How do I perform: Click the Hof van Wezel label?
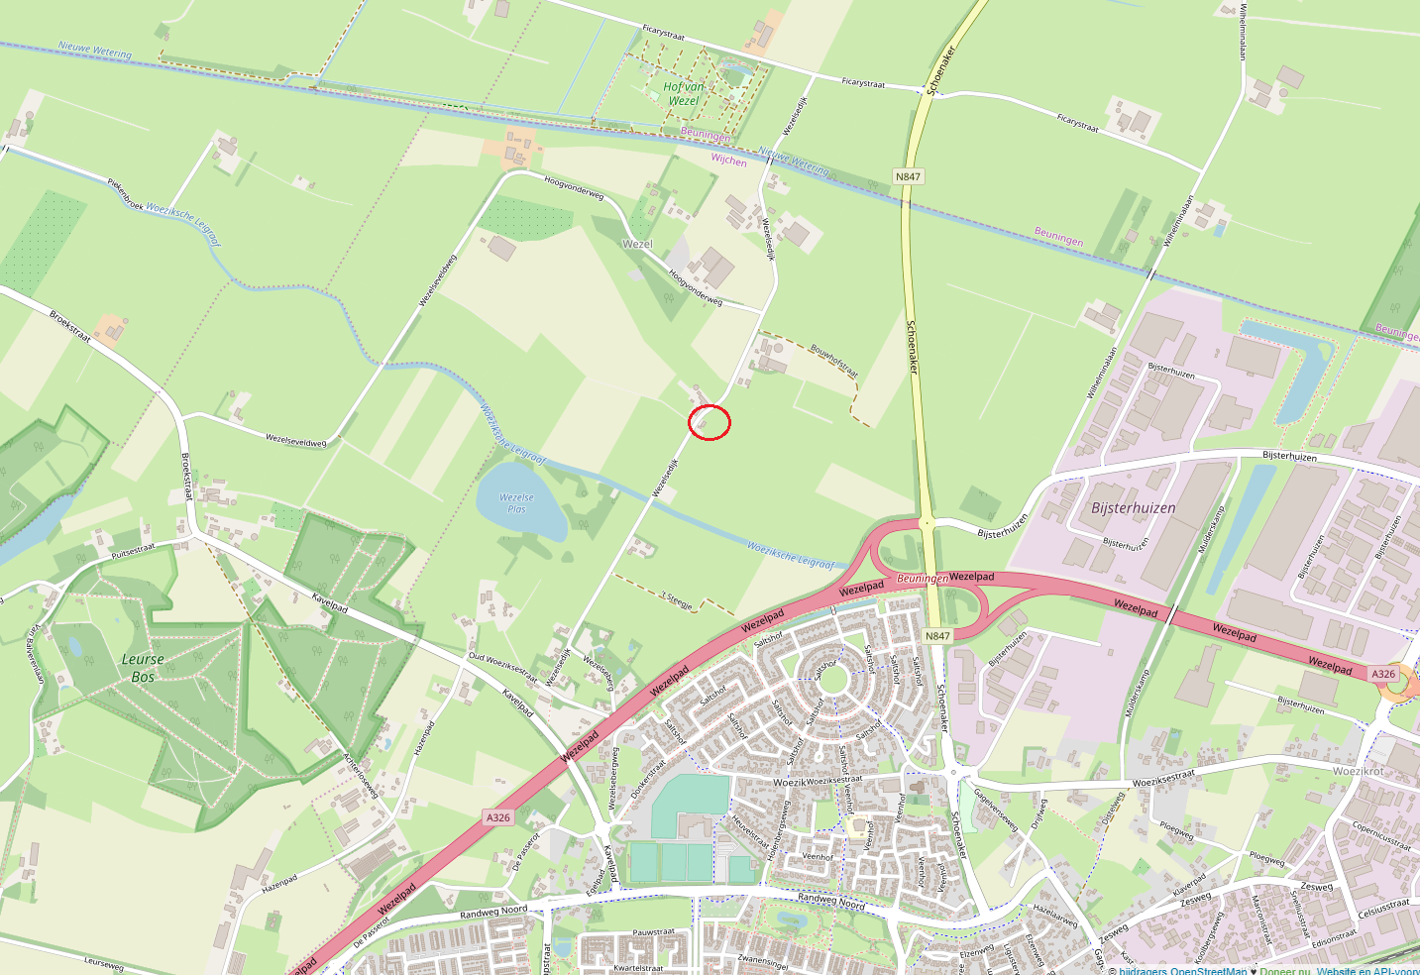pos(683,94)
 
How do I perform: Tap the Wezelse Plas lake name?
pos(516,503)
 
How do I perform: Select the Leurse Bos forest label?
pos(143,667)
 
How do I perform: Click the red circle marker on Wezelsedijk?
pos(710,422)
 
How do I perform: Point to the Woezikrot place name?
pos(1358,771)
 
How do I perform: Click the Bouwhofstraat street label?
pos(833,360)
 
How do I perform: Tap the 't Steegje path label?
pos(678,599)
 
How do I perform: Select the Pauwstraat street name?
pos(653,932)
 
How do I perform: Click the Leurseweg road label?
pos(104,962)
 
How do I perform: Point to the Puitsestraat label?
pos(133,551)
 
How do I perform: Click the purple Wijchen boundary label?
pos(728,160)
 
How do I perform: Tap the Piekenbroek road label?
pos(126,190)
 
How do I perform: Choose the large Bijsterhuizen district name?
pos(1133,507)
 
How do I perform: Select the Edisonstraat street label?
pos(1333,937)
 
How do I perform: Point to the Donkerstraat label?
pos(648,780)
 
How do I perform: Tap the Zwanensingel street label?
pos(762,960)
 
